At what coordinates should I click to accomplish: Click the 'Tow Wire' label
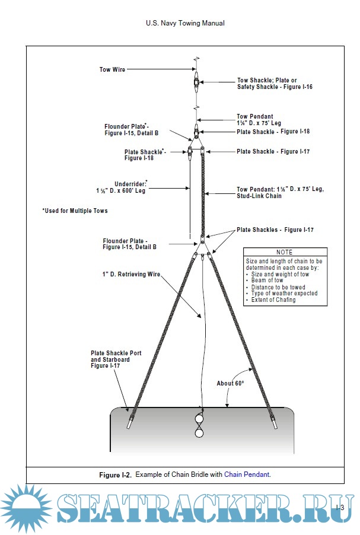[112, 69]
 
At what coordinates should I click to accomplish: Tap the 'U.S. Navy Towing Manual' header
[185, 24]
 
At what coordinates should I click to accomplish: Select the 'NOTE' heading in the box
[285, 252]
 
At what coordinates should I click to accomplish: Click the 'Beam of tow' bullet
[267, 281]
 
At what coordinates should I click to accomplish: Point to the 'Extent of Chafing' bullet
[273, 300]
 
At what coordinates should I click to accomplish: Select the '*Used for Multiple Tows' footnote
[75, 211]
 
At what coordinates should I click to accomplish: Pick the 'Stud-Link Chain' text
[259, 196]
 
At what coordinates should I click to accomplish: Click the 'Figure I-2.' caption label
[114, 475]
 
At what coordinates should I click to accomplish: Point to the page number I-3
[340, 507]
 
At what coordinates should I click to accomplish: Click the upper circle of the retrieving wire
[199, 421]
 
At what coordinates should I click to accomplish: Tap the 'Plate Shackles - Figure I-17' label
[275, 230]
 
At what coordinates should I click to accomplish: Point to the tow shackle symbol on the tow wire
[196, 81]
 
